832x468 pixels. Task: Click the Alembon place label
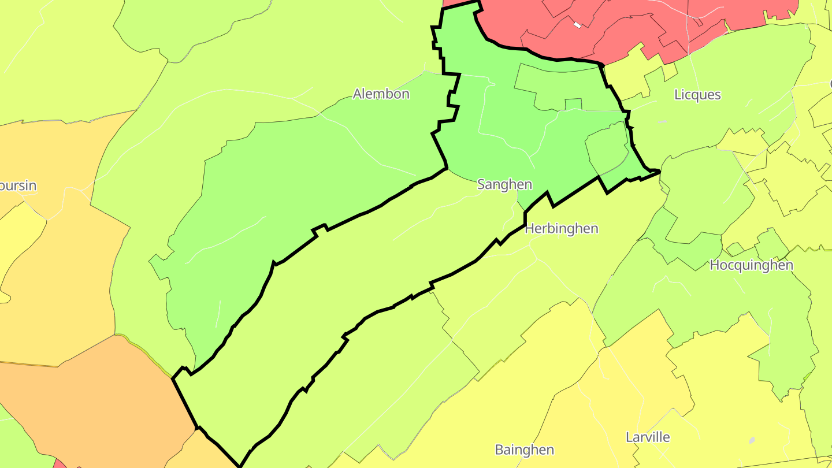tap(381, 94)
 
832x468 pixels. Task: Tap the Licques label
tap(697, 95)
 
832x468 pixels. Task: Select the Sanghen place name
tap(504, 184)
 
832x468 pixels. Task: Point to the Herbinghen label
tap(561, 229)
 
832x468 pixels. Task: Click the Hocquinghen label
tap(751, 265)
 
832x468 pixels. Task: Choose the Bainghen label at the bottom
tap(524, 450)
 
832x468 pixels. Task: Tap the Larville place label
tap(648, 437)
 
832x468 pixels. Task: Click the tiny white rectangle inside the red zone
tap(577, 25)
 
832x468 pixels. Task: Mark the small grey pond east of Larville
tap(752, 440)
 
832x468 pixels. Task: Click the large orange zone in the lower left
tap(87, 399)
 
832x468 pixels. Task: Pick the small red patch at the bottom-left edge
tap(60, 463)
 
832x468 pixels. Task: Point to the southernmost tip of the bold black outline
tap(240, 466)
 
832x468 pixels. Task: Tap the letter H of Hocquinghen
tap(714, 265)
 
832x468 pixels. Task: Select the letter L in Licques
tap(678, 95)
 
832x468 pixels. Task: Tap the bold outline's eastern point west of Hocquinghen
tap(659, 171)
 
